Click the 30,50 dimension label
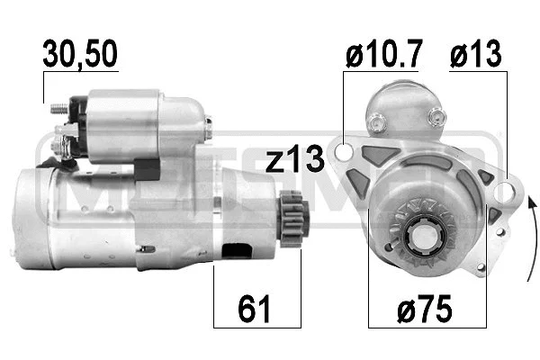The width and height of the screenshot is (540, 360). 80,56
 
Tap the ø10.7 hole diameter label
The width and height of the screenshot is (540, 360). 383,56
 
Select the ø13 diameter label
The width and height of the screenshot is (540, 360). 478,56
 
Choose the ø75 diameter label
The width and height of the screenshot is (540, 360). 426,310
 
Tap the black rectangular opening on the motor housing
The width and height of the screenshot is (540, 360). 237,255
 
